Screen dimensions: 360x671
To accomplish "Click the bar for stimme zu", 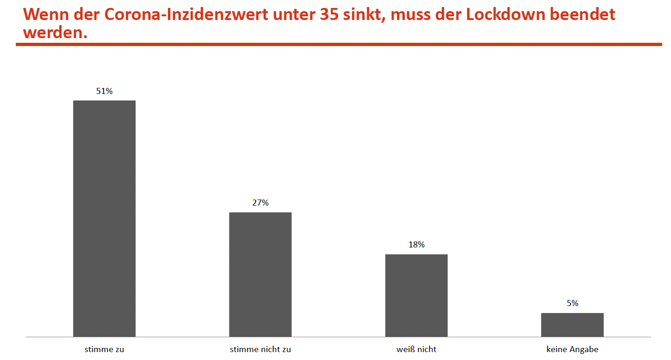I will (x=104, y=218).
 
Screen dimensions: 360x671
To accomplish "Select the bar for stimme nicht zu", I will (x=260, y=274).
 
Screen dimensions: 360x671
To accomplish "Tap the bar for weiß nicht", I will (x=416, y=295).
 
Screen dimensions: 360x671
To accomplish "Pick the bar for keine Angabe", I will (x=572, y=324).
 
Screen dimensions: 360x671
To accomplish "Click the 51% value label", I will (x=104, y=91).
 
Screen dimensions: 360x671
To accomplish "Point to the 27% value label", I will (x=260, y=203).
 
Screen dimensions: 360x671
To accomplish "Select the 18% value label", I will (x=416, y=245).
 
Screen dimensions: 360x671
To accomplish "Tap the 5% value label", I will (x=572, y=303).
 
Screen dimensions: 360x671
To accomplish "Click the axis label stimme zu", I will (x=104, y=349).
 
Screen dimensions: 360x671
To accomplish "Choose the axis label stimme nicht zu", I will (x=260, y=349).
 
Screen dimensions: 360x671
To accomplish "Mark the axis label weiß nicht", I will (x=416, y=349).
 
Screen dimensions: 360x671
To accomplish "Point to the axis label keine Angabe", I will (x=572, y=349).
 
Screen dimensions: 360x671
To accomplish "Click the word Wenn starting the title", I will (x=44, y=14).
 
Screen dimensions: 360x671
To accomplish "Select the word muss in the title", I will (x=412, y=14).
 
